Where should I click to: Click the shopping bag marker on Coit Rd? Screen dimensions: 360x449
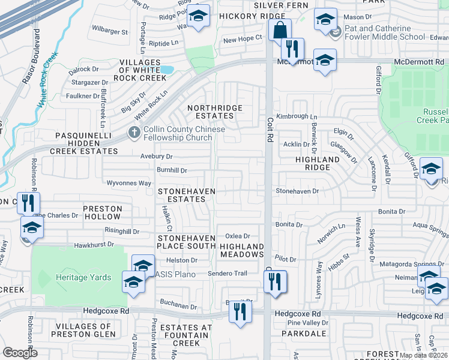280,30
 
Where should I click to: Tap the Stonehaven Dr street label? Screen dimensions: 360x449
297,191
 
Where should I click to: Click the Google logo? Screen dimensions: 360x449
20,353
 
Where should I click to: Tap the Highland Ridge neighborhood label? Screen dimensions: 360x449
313,163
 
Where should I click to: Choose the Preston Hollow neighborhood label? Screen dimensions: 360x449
103,213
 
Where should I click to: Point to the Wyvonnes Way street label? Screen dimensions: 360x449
128,183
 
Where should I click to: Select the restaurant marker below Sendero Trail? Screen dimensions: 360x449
275,281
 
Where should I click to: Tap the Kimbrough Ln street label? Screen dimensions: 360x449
296,116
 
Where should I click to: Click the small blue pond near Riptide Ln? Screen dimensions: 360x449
166,70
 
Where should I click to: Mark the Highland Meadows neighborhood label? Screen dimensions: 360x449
242,251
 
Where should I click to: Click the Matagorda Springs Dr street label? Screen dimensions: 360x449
412,264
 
